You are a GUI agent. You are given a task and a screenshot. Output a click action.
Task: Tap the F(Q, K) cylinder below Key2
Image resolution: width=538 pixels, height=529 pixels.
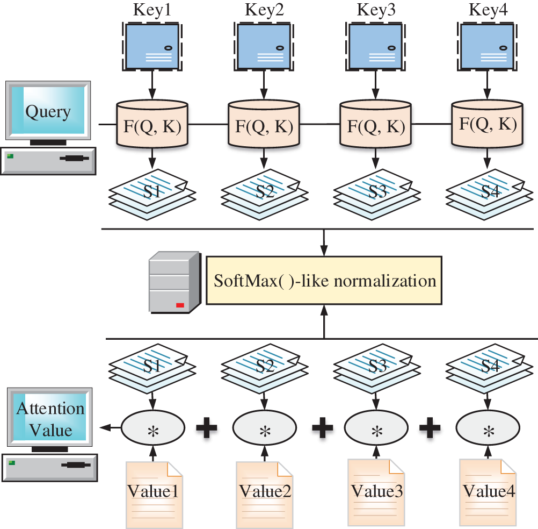264,125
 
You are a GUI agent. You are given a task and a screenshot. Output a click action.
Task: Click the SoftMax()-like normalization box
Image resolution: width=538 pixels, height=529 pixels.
324,281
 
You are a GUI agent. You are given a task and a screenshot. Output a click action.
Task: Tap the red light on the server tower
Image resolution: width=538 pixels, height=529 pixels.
180,305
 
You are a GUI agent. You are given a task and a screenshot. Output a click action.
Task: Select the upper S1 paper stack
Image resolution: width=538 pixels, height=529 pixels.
153,191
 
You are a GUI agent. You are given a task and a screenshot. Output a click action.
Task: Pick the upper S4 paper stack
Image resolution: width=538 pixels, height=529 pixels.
486,191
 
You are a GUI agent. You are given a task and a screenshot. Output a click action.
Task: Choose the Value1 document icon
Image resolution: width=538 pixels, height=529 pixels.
154,492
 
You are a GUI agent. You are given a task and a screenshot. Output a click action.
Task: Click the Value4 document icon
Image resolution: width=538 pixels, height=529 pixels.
488,492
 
